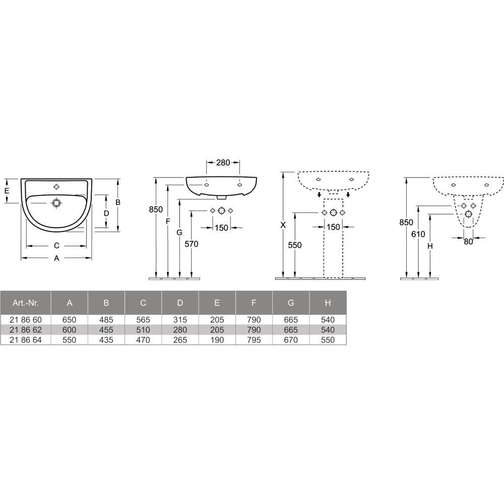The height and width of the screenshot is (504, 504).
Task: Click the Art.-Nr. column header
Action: (25, 303)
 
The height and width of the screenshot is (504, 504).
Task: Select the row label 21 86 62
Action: (25, 330)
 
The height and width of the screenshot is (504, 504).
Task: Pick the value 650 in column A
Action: (70, 320)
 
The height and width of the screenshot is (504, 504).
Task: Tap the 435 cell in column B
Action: (106, 340)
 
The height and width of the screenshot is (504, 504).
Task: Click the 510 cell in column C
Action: (143, 330)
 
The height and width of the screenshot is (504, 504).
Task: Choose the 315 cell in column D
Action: (180, 320)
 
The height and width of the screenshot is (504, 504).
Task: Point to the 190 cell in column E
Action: (217, 340)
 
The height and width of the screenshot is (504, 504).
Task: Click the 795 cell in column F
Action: (254, 340)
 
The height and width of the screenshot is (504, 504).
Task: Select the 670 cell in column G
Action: (291, 340)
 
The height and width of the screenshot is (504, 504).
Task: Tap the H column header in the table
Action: (328, 303)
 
